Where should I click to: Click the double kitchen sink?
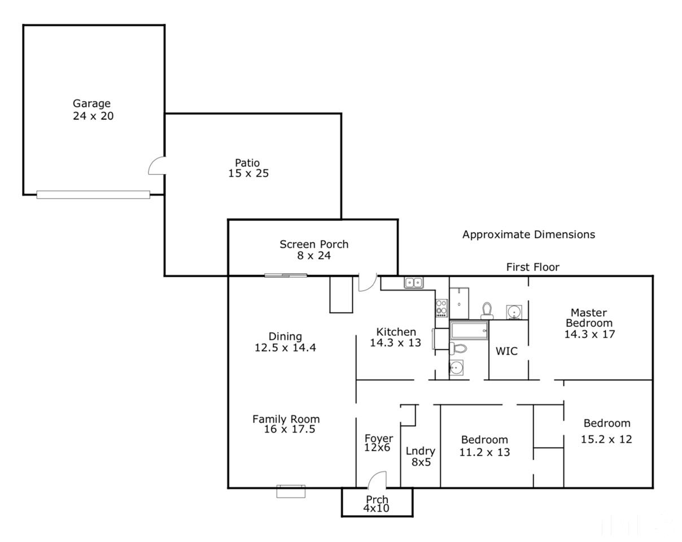414,282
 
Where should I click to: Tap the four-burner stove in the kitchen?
441,308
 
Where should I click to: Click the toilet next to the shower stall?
487,311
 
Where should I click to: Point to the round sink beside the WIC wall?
514,312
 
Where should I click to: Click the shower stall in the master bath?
459,303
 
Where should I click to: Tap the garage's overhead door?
93,195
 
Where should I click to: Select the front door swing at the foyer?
377,479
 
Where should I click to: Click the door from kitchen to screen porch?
368,283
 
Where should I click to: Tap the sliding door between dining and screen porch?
286,276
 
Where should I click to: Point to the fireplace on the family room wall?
291,491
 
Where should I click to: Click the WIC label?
506,351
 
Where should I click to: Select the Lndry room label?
421,451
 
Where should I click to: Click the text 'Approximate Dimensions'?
528,234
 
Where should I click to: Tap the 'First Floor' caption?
533,267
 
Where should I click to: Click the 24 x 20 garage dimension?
93,116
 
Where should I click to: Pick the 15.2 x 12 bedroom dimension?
606,439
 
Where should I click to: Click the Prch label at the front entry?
377,500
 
